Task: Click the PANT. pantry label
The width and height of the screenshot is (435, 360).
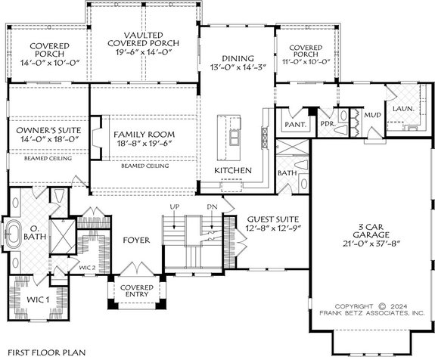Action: [x=294, y=124]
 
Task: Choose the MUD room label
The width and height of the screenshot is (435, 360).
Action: [x=371, y=116]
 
